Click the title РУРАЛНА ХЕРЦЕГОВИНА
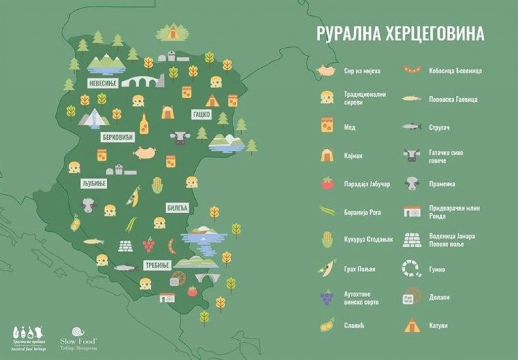tap(400, 33)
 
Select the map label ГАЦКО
tap(201, 114)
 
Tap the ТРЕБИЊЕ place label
tap(156, 265)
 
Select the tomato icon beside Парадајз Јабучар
tap(327, 183)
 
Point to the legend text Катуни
tap(438, 326)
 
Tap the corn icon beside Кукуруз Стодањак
tap(327, 239)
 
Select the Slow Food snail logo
tap(79, 332)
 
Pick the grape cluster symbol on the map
tap(148, 245)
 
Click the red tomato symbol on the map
tap(192, 291)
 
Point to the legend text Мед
tap(350, 127)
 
